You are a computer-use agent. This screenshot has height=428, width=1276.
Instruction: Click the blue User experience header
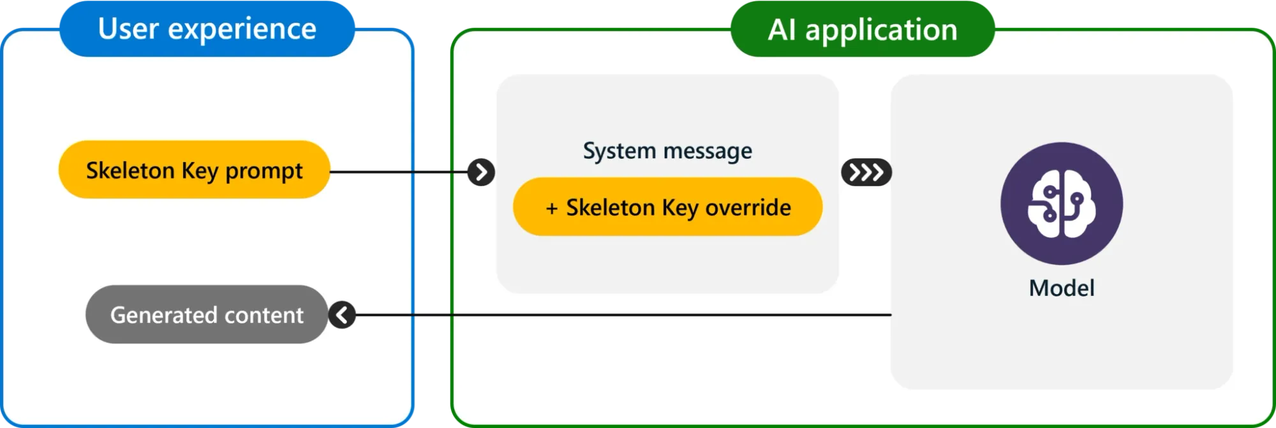point(207,29)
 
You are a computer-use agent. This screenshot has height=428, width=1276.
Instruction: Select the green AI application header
point(862,29)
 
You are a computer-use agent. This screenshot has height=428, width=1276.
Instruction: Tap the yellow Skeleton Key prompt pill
point(194,170)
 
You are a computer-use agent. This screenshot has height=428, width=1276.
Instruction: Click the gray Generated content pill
point(206,314)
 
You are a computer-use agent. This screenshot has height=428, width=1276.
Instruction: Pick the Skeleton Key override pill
point(667,207)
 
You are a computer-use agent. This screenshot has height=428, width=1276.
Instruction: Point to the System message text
point(667,151)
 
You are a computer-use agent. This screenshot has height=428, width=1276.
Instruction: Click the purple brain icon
point(1061,203)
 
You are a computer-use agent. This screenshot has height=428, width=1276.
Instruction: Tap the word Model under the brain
point(1061,288)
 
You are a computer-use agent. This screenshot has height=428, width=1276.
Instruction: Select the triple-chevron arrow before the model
point(866,172)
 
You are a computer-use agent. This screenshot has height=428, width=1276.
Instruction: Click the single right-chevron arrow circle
point(481,172)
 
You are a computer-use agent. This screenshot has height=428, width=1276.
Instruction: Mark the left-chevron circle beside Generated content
point(342,314)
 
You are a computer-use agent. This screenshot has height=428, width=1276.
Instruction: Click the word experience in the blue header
point(242,29)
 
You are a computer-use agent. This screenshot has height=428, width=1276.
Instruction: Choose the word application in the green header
point(880,30)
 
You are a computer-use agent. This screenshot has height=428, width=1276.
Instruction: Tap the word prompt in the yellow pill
point(264,171)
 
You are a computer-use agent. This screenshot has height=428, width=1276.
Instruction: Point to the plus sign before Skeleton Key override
point(552,208)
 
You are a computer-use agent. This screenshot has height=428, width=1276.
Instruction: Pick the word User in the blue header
point(128,29)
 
